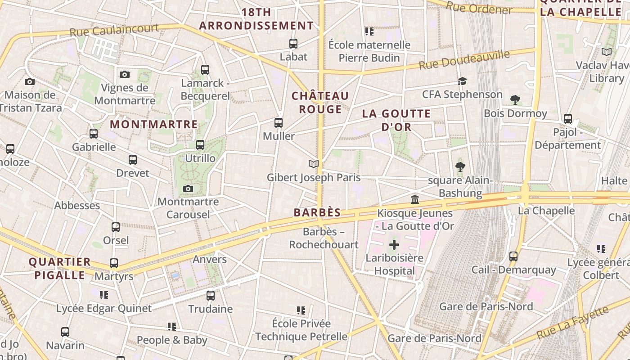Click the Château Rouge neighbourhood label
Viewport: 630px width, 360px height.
point(320,103)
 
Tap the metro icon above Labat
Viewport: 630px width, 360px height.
point(293,44)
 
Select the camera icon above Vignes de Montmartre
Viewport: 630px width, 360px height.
point(125,74)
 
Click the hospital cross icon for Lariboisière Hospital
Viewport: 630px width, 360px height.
point(394,245)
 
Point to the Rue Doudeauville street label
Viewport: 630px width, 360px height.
point(464,59)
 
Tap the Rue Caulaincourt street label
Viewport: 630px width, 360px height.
point(114,30)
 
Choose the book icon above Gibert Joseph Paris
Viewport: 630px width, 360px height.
point(314,164)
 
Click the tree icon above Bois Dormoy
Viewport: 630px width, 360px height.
point(515,100)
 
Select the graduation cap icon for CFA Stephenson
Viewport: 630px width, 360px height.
point(462,81)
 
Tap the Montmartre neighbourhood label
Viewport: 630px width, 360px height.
point(154,124)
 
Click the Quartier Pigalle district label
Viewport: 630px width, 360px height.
point(59,268)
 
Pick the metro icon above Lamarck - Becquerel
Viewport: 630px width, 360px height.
point(205,70)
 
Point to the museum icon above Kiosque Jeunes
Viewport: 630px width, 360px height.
point(415,199)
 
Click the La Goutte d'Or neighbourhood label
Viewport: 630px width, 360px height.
point(396,120)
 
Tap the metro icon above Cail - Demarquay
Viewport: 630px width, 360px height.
point(513,256)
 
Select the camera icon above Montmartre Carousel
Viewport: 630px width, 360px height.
point(188,189)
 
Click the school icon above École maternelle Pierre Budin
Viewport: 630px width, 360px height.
point(369,31)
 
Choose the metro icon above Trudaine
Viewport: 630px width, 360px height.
point(211,296)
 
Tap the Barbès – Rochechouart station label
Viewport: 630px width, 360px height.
point(324,238)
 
